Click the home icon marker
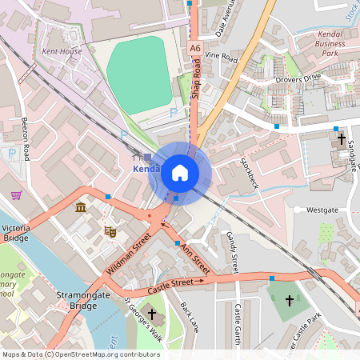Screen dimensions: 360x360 (x=180, y=173)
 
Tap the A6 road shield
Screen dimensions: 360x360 (x=195, y=49)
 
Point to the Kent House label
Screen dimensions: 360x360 (x=62, y=51)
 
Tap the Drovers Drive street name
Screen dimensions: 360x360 (x=298, y=77)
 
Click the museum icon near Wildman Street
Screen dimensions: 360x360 (x=81, y=208)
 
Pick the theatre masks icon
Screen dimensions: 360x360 (x=111, y=231)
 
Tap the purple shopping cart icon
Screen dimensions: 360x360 (x=16, y=194)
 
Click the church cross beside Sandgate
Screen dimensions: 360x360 (x=342, y=139)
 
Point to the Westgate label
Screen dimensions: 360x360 (x=322, y=210)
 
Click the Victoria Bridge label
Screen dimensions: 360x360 (x=16, y=232)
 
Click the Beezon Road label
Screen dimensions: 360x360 (x=26, y=138)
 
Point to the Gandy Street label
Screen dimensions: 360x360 (x=233, y=250)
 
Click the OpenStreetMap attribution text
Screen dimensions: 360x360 (x=81, y=354)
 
